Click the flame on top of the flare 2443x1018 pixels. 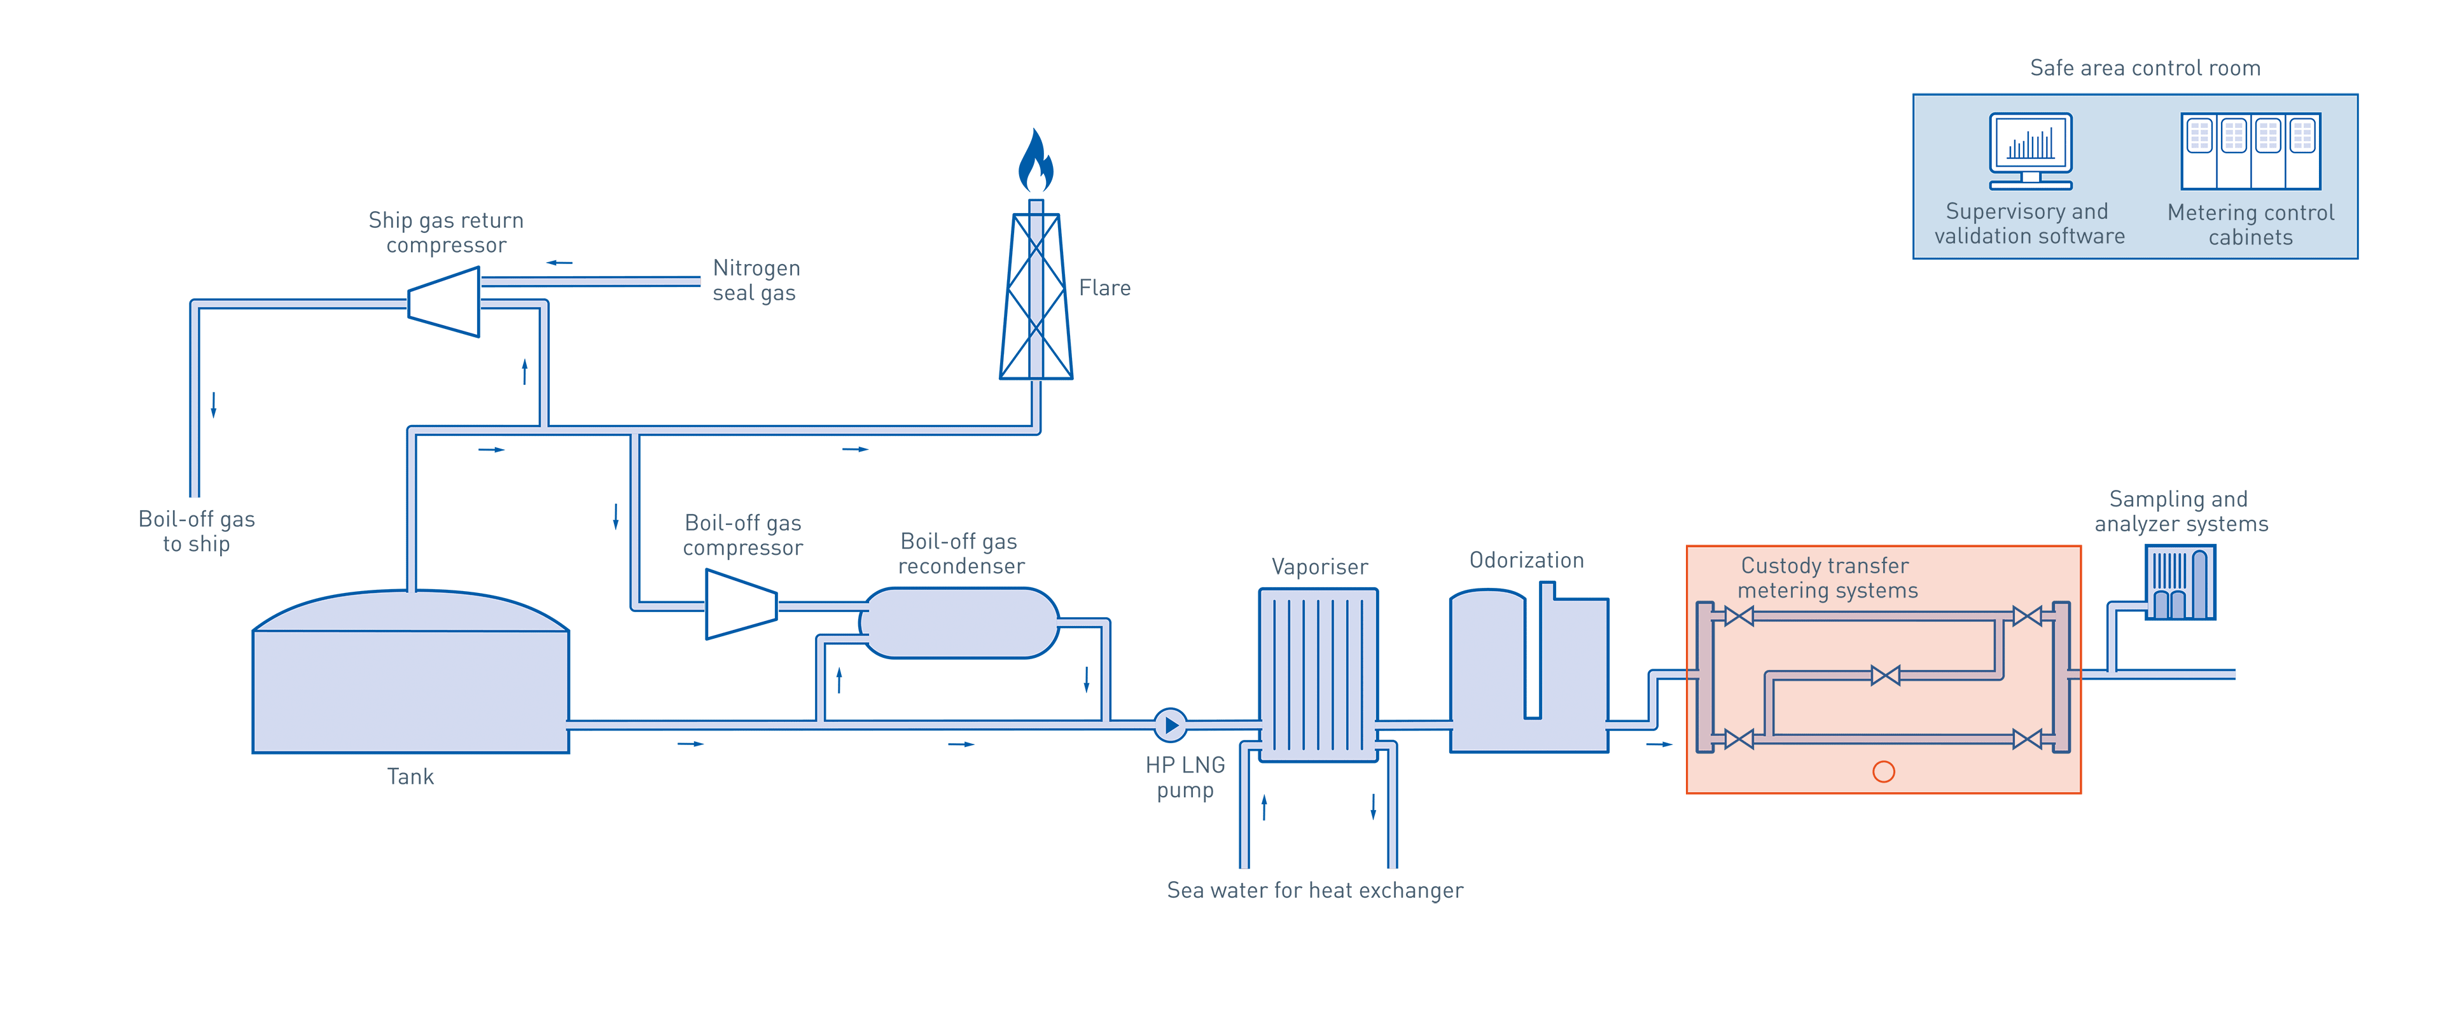[x=1036, y=161]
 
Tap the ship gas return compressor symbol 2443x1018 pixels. [x=444, y=302]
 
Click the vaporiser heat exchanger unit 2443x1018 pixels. [x=1318, y=674]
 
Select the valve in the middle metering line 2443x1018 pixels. [x=1885, y=676]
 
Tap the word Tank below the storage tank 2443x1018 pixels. [x=410, y=777]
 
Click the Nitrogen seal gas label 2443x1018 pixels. [x=756, y=281]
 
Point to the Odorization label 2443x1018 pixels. [x=1527, y=561]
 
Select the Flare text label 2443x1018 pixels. [x=1105, y=288]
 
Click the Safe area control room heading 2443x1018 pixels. [x=2145, y=68]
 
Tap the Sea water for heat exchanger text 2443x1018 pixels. [x=1314, y=891]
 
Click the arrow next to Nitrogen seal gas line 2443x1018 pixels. [x=560, y=263]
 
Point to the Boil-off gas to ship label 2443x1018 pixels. [x=197, y=531]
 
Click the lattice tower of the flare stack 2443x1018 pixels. [x=1036, y=296]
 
